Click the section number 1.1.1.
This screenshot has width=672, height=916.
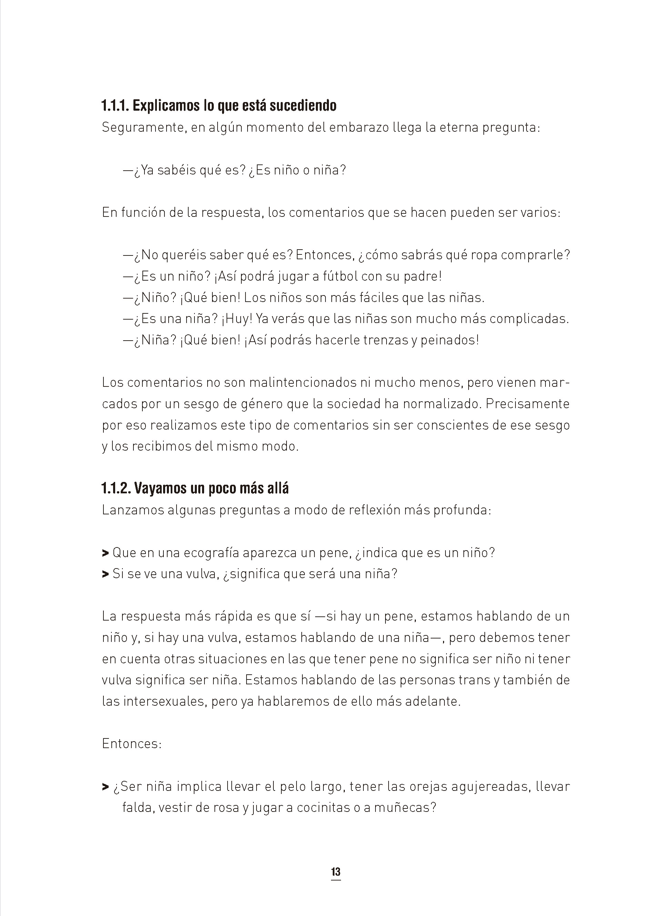[x=115, y=106]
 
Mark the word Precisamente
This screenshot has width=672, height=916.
[x=528, y=404]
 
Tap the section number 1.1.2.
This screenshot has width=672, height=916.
[x=116, y=488]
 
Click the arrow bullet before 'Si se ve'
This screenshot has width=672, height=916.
[x=106, y=574]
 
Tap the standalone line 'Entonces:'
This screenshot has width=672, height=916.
[x=132, y=744]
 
